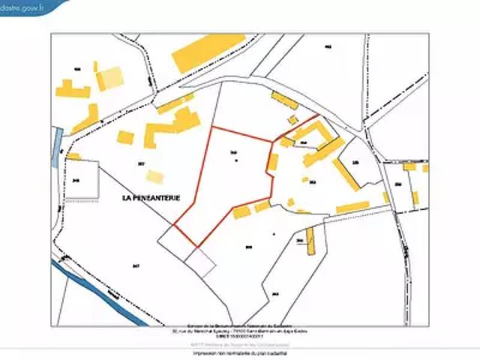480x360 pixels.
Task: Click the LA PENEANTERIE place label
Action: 151,197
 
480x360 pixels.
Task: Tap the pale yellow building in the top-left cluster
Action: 110,77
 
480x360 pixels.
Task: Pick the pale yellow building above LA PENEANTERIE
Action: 154,177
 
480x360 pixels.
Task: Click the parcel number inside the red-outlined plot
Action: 234,154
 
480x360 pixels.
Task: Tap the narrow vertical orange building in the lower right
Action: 310,239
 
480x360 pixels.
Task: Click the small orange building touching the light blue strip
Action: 74,157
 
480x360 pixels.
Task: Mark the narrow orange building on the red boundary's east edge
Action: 273,162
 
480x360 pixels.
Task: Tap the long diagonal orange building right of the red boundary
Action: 346,175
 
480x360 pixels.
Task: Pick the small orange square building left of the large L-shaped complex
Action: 126,138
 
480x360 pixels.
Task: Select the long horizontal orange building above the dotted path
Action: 352,207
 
